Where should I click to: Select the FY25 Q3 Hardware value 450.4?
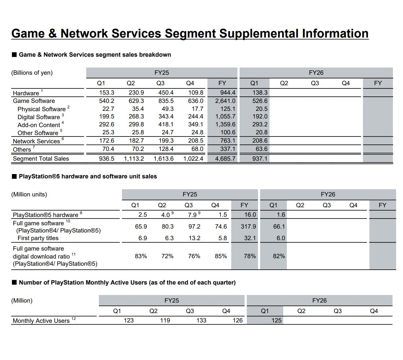[166, 92]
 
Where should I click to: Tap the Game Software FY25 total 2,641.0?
[225, 101]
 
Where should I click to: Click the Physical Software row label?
[41, 109]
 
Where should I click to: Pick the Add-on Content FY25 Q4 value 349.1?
[196, 125]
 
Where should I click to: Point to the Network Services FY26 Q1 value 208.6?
[260, 141]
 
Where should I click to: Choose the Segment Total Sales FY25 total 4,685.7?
[225, 159]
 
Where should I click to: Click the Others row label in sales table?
[22, 149]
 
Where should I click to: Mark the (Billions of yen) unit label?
[32, 73]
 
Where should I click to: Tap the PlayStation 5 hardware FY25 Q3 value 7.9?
[192, 215]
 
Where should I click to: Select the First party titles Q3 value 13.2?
[194, 238]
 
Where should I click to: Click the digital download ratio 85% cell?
[221, 256]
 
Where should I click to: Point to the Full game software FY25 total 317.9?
[248, 226]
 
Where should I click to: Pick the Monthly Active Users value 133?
[201, 320]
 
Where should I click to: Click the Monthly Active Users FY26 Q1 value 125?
[277, 320]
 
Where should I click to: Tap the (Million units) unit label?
[29, 194]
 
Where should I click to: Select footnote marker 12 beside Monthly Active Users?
[74, 318]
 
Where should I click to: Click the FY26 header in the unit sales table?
[328, 194]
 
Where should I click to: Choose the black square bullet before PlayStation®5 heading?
[14, 177]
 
